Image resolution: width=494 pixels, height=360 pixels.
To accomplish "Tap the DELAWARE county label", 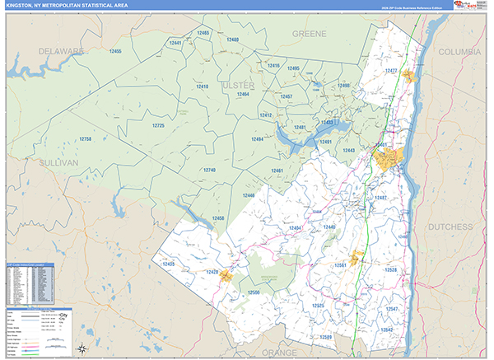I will click(x=58, y=51).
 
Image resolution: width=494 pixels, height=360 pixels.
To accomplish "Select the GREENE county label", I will click(x=309, y=34).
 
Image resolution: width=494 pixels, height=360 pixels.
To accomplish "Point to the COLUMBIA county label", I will click(x=460, y=51).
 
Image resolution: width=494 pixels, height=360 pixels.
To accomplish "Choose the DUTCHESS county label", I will click(x=450, y=226).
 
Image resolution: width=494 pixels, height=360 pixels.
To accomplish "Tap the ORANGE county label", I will click(x=279, y=352).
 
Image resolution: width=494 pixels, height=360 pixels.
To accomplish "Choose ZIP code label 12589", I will click(x=328, y=338).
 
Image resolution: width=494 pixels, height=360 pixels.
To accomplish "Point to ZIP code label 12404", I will click(x=296, y=227).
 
